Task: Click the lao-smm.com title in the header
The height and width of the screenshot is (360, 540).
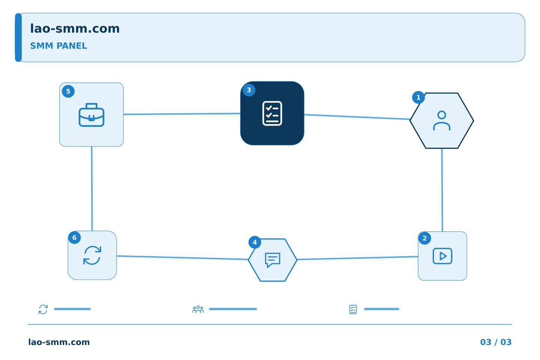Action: pos(75,28)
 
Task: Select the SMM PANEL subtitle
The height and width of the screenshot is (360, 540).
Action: pos(58,46)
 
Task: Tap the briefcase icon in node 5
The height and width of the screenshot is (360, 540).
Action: pos(91,115)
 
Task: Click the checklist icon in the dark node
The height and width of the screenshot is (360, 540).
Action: pos(272,113)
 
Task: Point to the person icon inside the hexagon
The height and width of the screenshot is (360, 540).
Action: pos(442,121)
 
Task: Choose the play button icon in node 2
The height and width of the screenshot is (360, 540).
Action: pos(442,256)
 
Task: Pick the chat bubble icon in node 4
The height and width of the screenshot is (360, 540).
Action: pos(272,260)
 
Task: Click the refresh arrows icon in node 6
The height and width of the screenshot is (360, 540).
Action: pos(92,255)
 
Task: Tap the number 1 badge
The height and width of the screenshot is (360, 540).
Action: pos(418,97)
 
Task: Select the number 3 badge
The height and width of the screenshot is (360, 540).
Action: pos(249,90)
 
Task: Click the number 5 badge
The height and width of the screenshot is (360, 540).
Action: pos(68,91)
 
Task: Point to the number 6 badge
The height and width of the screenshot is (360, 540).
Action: pos(75,237)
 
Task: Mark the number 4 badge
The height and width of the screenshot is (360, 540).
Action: pos(255,242)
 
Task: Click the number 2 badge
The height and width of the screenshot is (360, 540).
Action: pos(425,238)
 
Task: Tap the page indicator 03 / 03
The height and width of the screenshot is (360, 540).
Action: pos(496,342)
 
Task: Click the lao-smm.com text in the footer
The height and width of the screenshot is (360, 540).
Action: pos(59,342)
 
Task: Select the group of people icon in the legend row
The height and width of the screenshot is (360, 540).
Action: pos(198,309)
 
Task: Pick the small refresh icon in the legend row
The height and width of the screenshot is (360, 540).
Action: pos(43,309)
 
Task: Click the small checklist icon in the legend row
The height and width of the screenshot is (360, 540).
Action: pos(353,309)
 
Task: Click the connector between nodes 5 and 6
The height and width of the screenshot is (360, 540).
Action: pos(92,189)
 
